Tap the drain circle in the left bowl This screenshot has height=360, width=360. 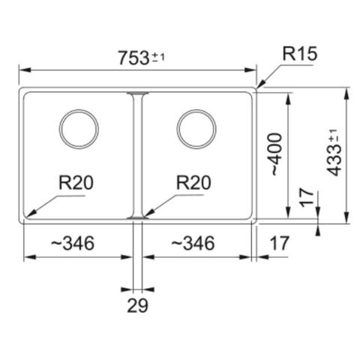[x=78, y=128]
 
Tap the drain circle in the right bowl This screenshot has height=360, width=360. [x=196, y=128]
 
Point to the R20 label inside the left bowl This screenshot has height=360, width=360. [x=78, y=182]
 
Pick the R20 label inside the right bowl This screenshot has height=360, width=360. [x=193, y=182]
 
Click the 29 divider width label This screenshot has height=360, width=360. [x=138, y=305]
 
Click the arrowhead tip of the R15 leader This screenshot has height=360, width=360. [x=257, y=89]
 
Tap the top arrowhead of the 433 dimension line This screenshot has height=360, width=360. [x=346, y=91]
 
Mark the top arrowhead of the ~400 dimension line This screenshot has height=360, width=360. [x=289, y=96]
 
